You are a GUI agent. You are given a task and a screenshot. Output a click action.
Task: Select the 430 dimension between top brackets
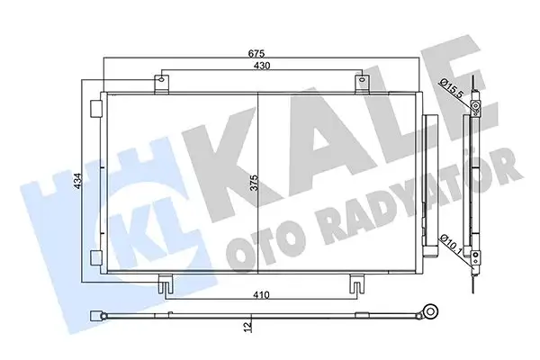(x=261, y=67)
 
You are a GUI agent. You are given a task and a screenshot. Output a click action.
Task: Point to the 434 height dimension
(x=79, y=185)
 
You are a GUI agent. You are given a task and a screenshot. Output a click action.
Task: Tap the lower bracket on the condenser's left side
(x=96, y=258)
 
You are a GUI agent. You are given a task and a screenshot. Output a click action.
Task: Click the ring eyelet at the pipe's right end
(x=432, y=315)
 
